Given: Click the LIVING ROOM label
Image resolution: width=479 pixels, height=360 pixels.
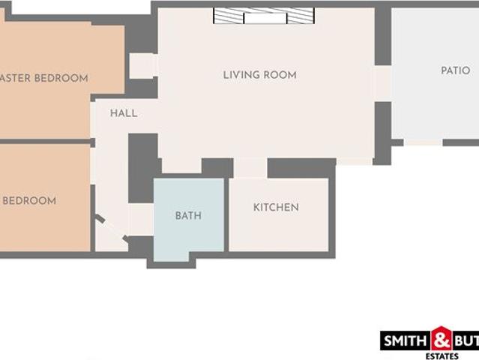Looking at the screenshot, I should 259,75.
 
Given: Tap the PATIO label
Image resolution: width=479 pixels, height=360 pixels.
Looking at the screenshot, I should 455,70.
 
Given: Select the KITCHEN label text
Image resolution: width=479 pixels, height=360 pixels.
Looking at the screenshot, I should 276,207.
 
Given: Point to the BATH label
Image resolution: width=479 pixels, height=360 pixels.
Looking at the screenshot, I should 188,216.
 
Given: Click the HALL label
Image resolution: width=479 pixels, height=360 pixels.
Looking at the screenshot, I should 124,113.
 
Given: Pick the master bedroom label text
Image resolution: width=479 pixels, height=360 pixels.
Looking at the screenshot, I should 45,78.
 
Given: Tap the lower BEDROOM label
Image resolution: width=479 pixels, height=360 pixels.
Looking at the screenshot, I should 29,201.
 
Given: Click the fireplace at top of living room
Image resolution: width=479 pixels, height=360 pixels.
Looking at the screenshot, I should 262,16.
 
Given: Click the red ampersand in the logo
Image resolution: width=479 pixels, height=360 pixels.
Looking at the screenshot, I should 442,339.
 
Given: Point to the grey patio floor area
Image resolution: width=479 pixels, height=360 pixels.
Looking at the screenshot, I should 435,105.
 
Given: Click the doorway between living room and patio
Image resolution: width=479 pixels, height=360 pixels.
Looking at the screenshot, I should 382,82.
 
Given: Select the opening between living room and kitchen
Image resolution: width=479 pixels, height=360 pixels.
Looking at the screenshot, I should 250,167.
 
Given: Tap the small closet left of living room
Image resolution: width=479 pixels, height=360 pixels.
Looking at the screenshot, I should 142,65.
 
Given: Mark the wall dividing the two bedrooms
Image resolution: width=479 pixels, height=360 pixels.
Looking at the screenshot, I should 45,141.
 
